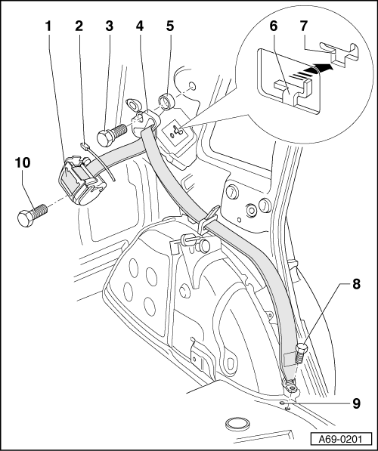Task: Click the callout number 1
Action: click(48, 26)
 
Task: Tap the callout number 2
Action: click(79, 26)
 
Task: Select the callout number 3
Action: click(109, 26)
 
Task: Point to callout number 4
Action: click(140, 26)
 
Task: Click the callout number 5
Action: click(170, 26)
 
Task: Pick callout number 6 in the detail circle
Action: click(273, 26)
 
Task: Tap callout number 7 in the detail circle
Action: click(304, 26)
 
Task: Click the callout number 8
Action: click(356, 285)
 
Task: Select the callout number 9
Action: click(356, 404)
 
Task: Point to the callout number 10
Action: click(23, 162)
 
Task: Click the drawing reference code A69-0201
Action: click(340, 440)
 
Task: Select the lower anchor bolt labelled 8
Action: click(301, 354)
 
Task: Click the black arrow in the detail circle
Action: click(313, 70)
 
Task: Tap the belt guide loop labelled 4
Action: click(145, 122)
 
